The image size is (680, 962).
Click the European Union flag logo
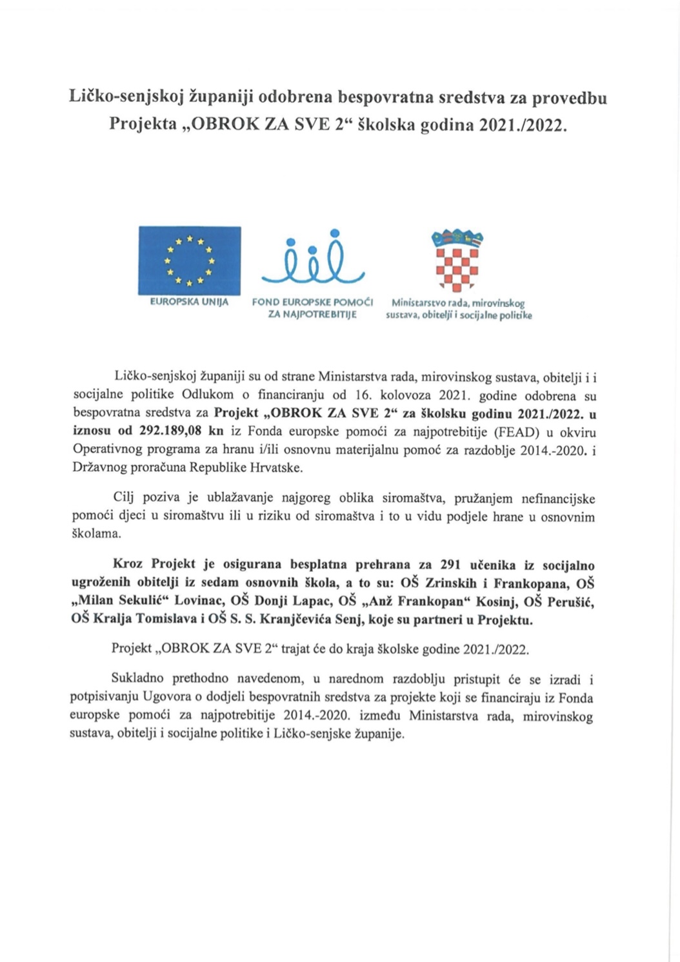(190, 260)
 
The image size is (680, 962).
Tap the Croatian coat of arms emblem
(457, 260)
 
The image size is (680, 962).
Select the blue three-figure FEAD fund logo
(313, 257)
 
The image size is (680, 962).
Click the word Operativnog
(105, 450)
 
